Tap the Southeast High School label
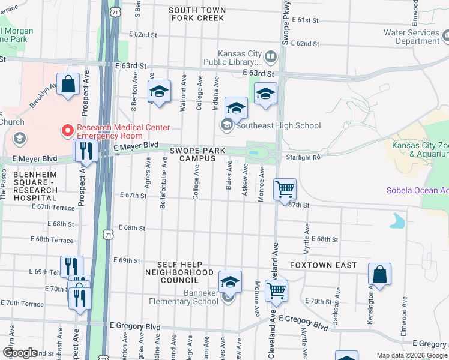click(278, 126)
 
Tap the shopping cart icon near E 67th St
click(285, 190)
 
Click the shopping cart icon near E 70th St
click(276, 291)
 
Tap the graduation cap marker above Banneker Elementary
click(230, 281)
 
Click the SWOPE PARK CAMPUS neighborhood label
click(192, 154)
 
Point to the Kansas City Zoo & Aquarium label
click(420, 149)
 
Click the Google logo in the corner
click(20, 353)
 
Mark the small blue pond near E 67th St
click(397, 222)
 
